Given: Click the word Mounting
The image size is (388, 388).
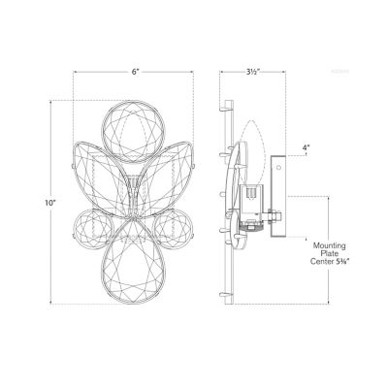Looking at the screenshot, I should (330, 246).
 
